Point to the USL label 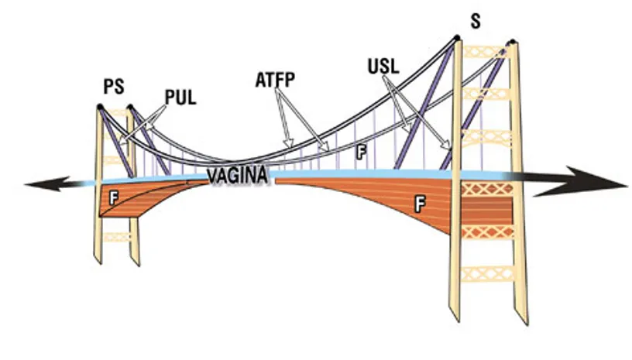tap(383, 66)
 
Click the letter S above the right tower tap(475, 21)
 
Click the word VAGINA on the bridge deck tap(238, 177)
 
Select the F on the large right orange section tap(420, 204)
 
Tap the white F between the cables tap(359, 153)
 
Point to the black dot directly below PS tap(100, 105)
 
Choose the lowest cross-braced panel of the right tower tap(486, 273)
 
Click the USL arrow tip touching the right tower tap(452, 149)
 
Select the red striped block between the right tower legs tap(487, 209)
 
